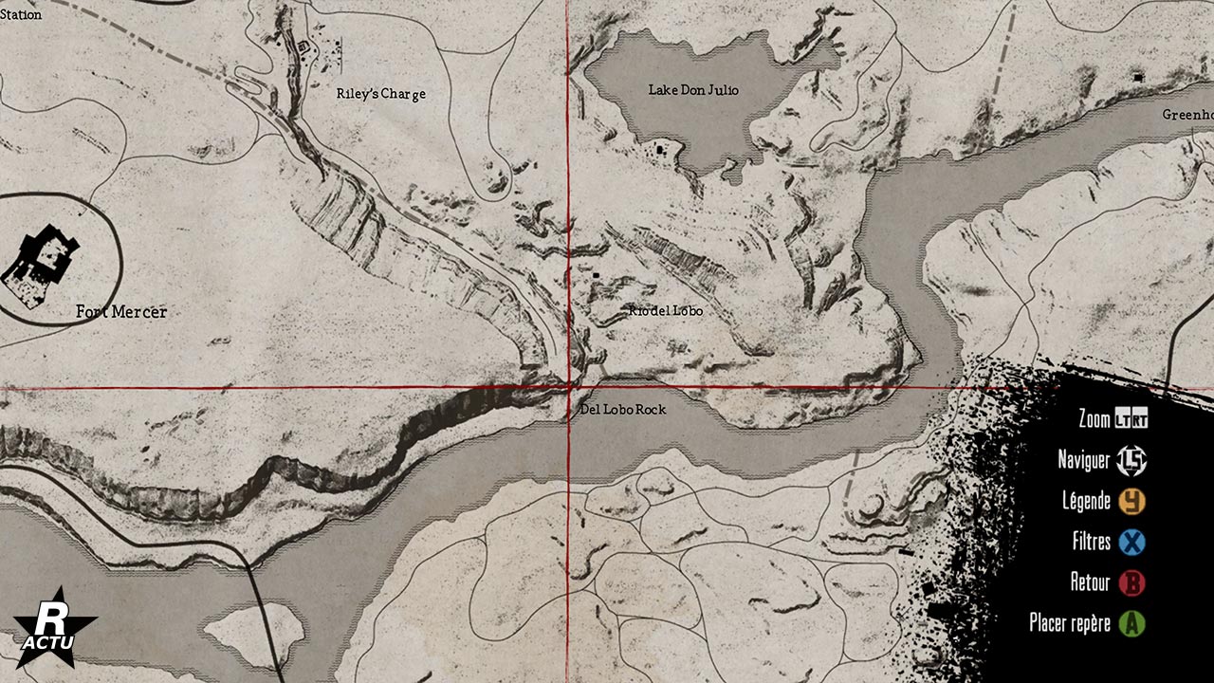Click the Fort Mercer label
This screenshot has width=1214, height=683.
(x=121, y=312)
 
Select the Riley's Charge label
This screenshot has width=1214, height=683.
(x=381, y=94)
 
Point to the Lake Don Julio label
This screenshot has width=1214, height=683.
(x=693, y=90)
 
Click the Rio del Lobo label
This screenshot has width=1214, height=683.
(x=666, y=311)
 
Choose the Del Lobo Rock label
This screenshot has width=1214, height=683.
(x=623, y=410)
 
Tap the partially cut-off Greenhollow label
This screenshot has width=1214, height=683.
(x=1187, y=115)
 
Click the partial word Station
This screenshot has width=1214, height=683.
(x=21, y=14)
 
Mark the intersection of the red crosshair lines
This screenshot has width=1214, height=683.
(x=568, y=387)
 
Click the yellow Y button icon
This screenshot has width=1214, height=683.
(x=1131, y=501)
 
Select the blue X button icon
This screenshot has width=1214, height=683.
(x=1131, y=542)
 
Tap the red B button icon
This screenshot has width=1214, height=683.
(x=1131, y=582)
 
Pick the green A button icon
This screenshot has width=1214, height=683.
(x=1131, y=623)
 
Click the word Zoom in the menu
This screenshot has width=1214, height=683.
(x=1094, y=419)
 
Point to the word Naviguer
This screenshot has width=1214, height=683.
(x=1083, y=460)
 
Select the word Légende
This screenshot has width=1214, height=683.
(x=1087, y=501)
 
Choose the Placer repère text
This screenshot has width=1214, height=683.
(x=1070, y=623)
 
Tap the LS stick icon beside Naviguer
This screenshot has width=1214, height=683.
(x=1131, y=460)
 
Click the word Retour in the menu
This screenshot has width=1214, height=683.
(x=1090, y=582)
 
